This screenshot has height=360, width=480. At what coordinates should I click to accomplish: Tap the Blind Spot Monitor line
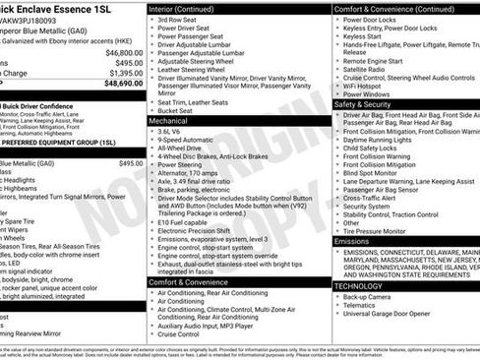(374, 173)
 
